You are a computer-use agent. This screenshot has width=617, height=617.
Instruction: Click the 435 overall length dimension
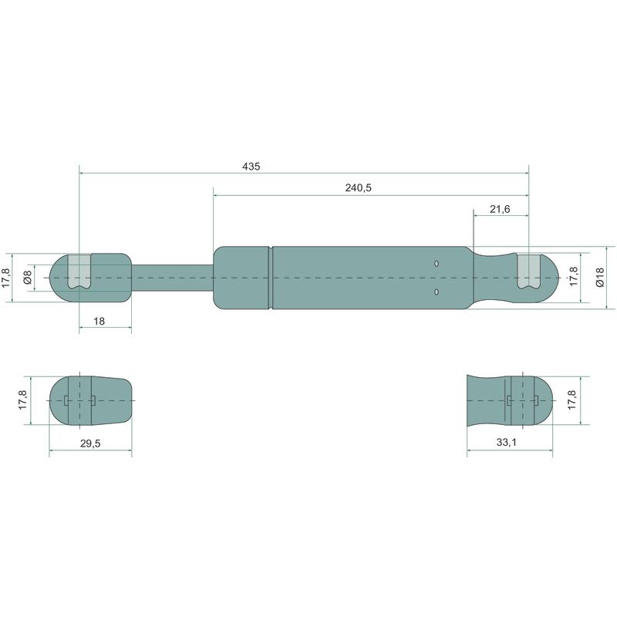pos(251,167)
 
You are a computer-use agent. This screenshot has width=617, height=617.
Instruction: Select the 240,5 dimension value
pos(358,188)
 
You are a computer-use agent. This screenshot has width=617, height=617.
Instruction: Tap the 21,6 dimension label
pos(500,209)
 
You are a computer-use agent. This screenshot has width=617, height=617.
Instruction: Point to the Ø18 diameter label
pos(599,278)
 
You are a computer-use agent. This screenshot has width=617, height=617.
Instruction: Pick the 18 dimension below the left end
pos(99,322)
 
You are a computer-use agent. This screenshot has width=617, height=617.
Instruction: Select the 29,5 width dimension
pos(90,443)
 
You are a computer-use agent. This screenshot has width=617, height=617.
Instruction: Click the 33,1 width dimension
pos(507,442)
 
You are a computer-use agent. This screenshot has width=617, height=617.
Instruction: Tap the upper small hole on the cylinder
pos(437,264)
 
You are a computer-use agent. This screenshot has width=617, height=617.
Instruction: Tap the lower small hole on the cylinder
pos(437,292)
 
